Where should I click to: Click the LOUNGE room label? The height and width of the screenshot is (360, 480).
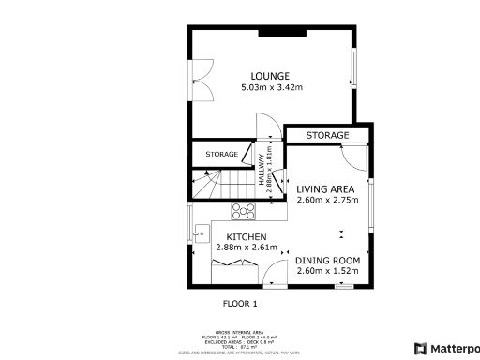coord(269,76)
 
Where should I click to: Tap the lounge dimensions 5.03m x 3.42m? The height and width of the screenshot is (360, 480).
coord(269,88)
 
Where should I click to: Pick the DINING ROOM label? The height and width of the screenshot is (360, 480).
coord(327,260)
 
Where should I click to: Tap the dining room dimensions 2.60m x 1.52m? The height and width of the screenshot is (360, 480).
coord(327,271)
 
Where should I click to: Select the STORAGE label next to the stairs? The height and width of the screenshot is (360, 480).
coord(221,154)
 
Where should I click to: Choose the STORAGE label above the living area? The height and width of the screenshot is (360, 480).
coord(327,136)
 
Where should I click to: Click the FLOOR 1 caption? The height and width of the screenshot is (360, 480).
coord(240,304)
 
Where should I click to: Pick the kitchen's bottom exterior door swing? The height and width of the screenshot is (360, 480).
coord(276,274)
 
